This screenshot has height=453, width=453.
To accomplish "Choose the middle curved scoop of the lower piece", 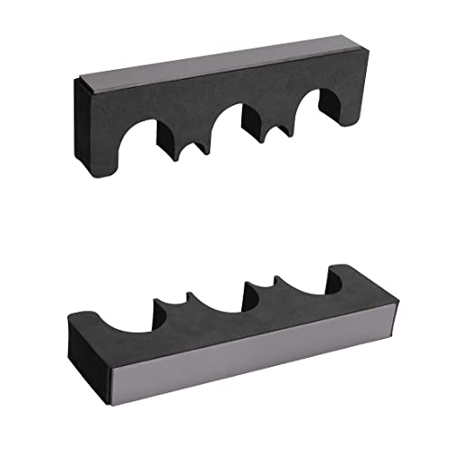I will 217,299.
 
